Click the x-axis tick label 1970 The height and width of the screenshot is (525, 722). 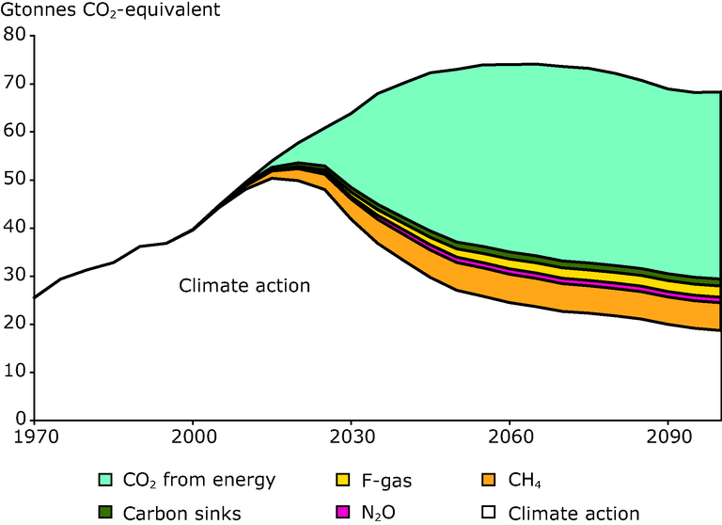tap(34, 437)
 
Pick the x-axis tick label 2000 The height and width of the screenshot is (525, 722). tap(193, 437)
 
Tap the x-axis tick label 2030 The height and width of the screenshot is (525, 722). tap(351, 437)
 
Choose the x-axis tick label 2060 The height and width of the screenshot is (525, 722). tap(509, 437)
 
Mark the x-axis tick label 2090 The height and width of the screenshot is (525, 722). tap(667, 437)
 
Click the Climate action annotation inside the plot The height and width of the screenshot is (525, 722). tap(243, 284)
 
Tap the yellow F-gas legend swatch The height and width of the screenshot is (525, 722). tap(345, 481)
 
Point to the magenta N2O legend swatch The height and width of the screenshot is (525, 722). tap(345, 513)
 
